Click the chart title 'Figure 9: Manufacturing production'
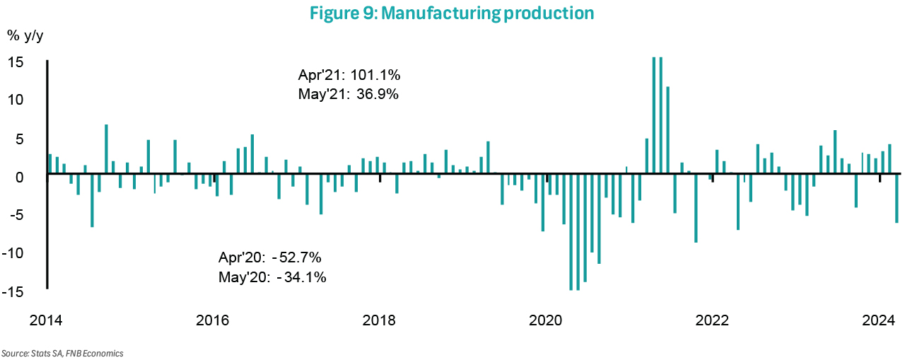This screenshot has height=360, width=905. (452, 13)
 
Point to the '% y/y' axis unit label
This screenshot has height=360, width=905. (26, 35)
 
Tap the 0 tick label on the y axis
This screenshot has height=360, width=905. (21, 177)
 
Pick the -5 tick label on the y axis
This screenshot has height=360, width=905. (18, 215)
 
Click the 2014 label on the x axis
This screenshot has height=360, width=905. (46, 320)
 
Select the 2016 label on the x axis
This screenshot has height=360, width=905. (212, 320)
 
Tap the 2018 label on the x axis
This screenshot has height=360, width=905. (379, 320)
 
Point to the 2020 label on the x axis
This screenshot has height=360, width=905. (546, 320)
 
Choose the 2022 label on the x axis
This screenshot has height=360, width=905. (712, 320)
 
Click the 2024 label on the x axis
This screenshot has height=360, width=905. (879, 320)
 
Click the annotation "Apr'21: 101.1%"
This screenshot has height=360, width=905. (350, 75)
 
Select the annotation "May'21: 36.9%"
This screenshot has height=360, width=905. (349, 94)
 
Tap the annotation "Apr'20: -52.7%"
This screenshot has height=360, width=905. (271, 257)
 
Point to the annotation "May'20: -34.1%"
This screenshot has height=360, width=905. (272, 277)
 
